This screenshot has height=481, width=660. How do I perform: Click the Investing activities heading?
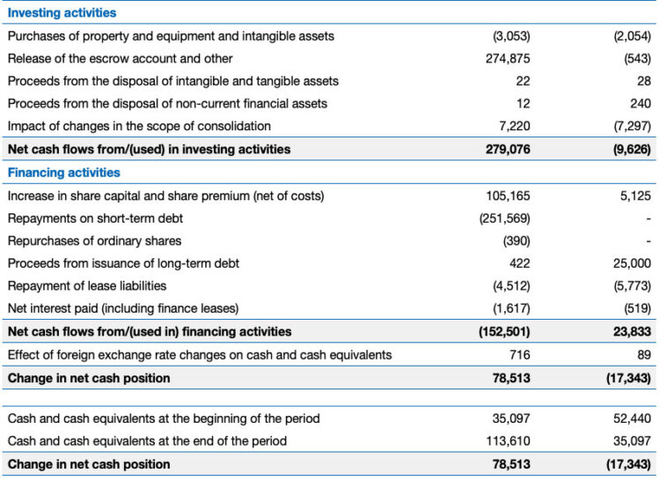click(x=62, y=13)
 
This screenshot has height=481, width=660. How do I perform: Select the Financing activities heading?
click(x=63, y=173)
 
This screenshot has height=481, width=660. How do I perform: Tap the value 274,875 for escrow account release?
click(x=508, y=58)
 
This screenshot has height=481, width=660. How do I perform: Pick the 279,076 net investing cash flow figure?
click(x=508, y=150)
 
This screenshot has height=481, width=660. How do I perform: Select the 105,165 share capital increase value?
click(x=508, y=196)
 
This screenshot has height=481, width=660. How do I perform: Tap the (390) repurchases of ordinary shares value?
click(x=516, y=240)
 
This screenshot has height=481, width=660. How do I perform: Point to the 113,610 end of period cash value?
click(x=508, y=440)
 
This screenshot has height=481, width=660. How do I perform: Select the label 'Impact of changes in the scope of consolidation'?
click(x=139, y=127)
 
